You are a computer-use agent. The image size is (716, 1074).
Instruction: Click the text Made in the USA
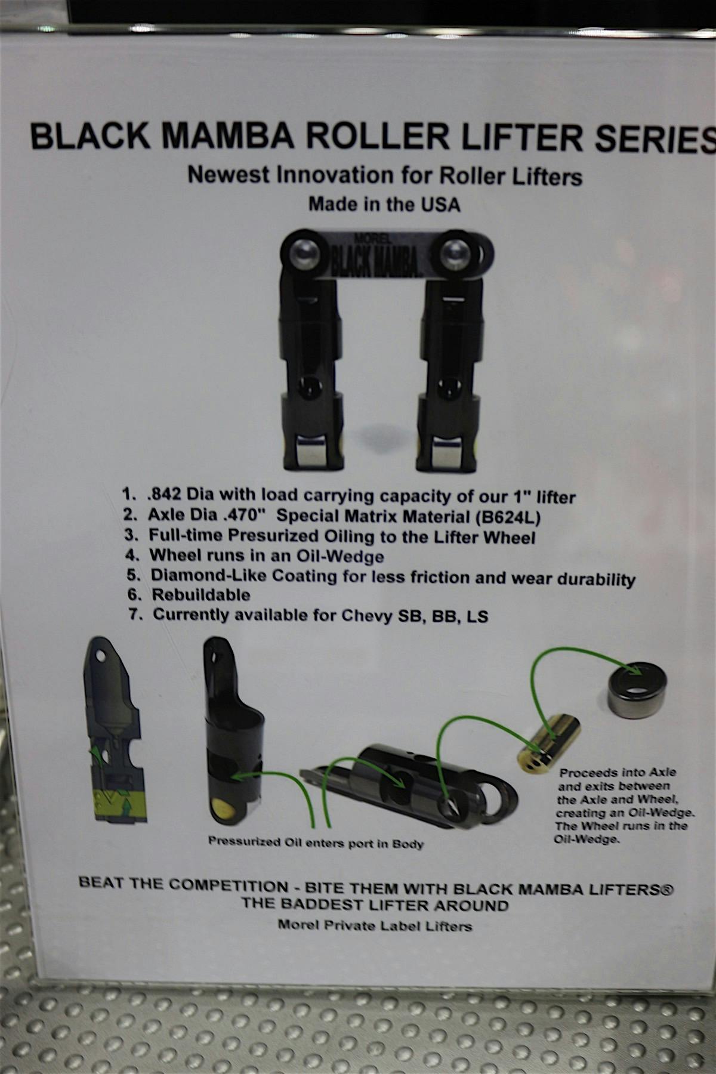pyautogui.click(x=384, y=205)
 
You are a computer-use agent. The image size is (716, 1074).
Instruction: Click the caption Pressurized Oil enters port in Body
pyautogui.click(x=316, y=843)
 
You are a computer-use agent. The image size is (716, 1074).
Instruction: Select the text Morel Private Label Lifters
pyautogui.click(x=375, y=926)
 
